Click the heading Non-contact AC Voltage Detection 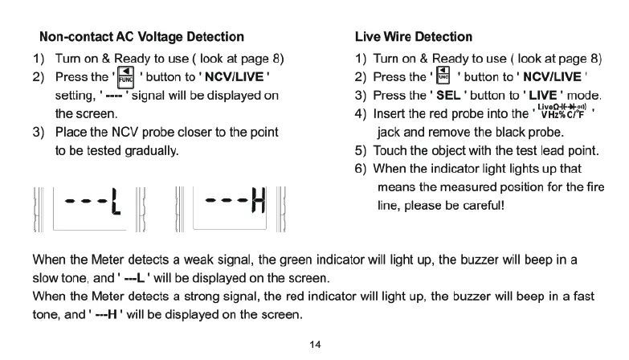(141, 37)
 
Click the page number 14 (315, 345)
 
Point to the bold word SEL (446, 96)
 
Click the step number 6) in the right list (360, 169)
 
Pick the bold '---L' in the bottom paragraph (131, 279)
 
